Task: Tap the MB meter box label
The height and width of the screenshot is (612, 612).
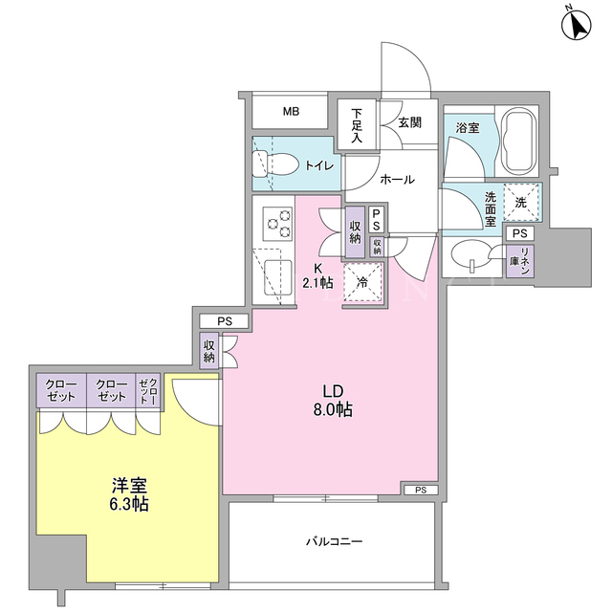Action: (x=291, y=112)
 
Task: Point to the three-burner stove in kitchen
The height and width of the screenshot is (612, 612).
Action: (x=278, y=223)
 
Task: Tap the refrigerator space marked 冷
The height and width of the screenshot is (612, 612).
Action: (x=363, y=282)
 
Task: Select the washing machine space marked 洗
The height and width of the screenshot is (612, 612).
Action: (x=520, y=203)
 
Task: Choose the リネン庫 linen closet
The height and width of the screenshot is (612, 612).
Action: (x=520, y=261)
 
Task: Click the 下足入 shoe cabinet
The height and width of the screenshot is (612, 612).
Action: (x=357, y=125)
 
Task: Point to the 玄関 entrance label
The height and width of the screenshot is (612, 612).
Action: (x=410, y=122)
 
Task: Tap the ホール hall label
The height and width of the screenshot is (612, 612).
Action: (x=397, y=180)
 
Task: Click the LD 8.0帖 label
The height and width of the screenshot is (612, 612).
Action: (x=333, y=401)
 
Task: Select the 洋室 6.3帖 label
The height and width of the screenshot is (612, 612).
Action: (x=129, y=494)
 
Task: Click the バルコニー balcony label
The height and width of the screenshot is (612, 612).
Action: (x=335, y=542)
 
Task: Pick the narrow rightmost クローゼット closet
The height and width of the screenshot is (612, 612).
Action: (x=148, y=391)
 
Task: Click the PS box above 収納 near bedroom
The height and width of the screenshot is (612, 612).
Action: (x=224, y=321)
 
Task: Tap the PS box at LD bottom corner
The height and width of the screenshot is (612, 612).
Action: (x=421, y=490)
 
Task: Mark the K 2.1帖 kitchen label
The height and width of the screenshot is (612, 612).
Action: (x=318, y=275)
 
